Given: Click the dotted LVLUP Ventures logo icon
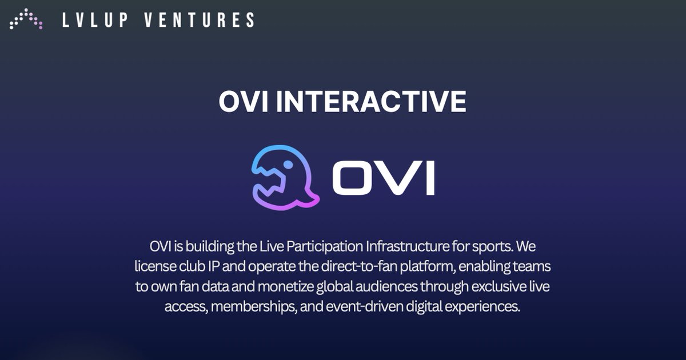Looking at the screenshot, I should click(x=26, y=19).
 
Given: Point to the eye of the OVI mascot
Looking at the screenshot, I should click(x=288, y=165).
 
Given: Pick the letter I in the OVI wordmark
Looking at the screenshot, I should click(x=429, y=178).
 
